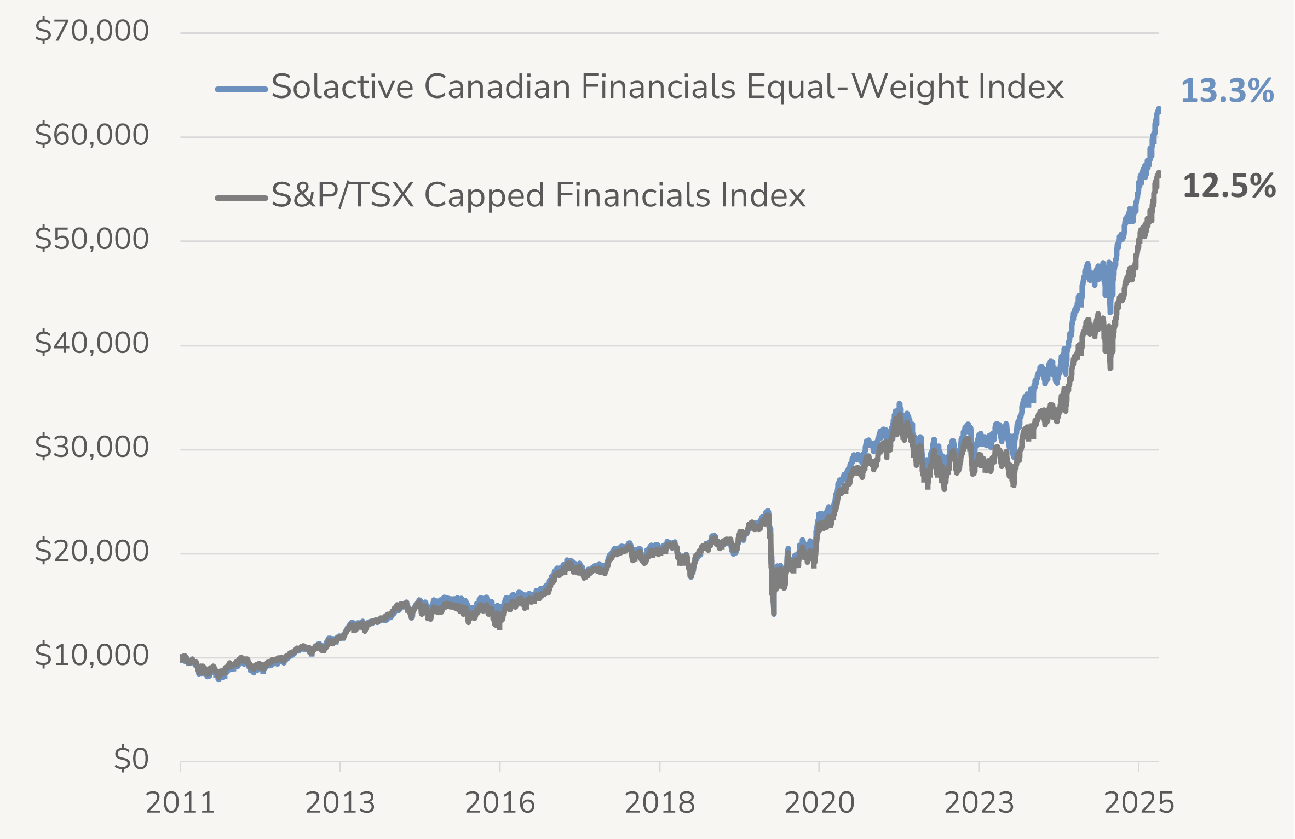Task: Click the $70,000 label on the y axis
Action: [91, 31]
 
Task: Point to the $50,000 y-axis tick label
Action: [91, 239]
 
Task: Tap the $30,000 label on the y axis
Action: [91, 447]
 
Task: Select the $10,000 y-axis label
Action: [91, 655]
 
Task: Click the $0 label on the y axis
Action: [131, 759]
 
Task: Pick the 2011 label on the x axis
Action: [180, 803]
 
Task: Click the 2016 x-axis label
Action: [499, 803]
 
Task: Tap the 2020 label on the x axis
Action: [819, 803]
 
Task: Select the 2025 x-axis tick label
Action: [1139, 803]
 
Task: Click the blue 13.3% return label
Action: [1227, 91]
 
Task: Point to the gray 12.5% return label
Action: [1229, 186]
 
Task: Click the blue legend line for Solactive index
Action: [241, 89]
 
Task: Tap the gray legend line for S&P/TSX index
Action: [241, 198]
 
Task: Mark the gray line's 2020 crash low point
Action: [774, 613]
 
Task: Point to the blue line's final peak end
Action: [1159, 109]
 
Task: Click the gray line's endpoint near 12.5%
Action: [1159, 173]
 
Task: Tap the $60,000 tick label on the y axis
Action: [91, 135]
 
